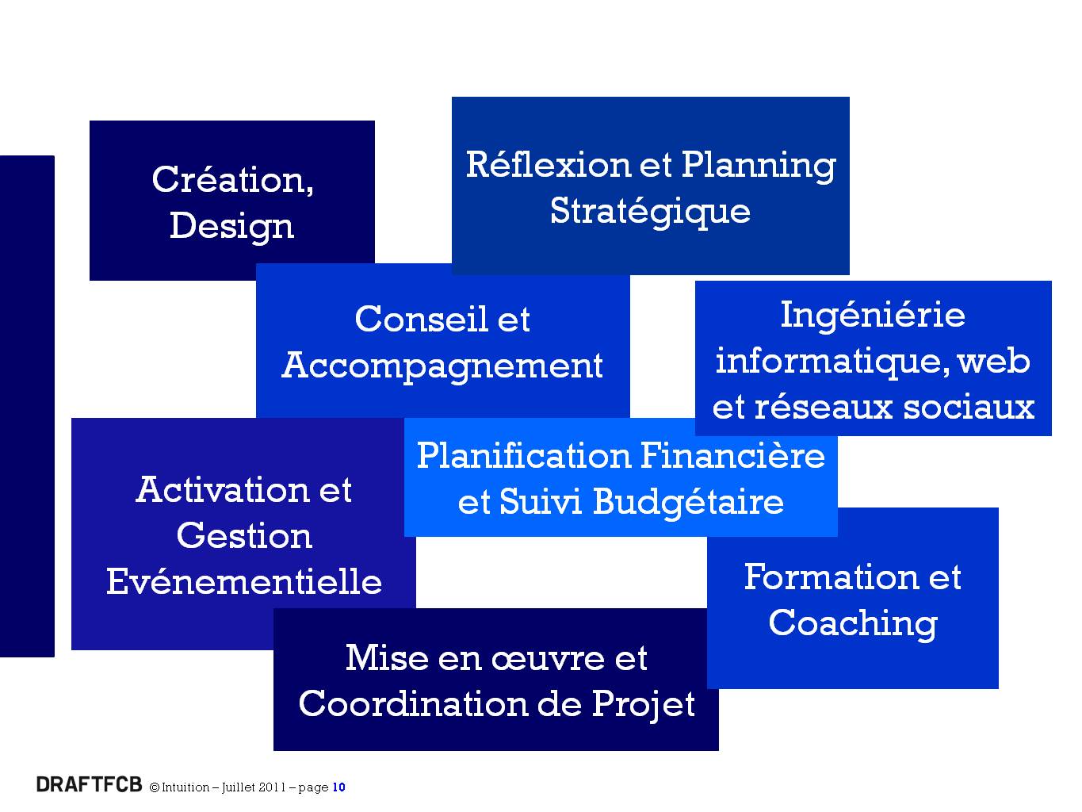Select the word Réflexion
point(547,164)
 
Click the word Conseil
point(421,319)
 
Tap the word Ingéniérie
point(873,316)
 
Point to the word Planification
point(523,455)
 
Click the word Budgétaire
point(688,503)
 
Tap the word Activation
point(222,490)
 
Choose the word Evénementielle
point(244,582)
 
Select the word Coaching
point(853,624)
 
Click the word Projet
point(644,705)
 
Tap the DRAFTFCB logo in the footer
point(90,784)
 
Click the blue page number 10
point(339,787)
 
